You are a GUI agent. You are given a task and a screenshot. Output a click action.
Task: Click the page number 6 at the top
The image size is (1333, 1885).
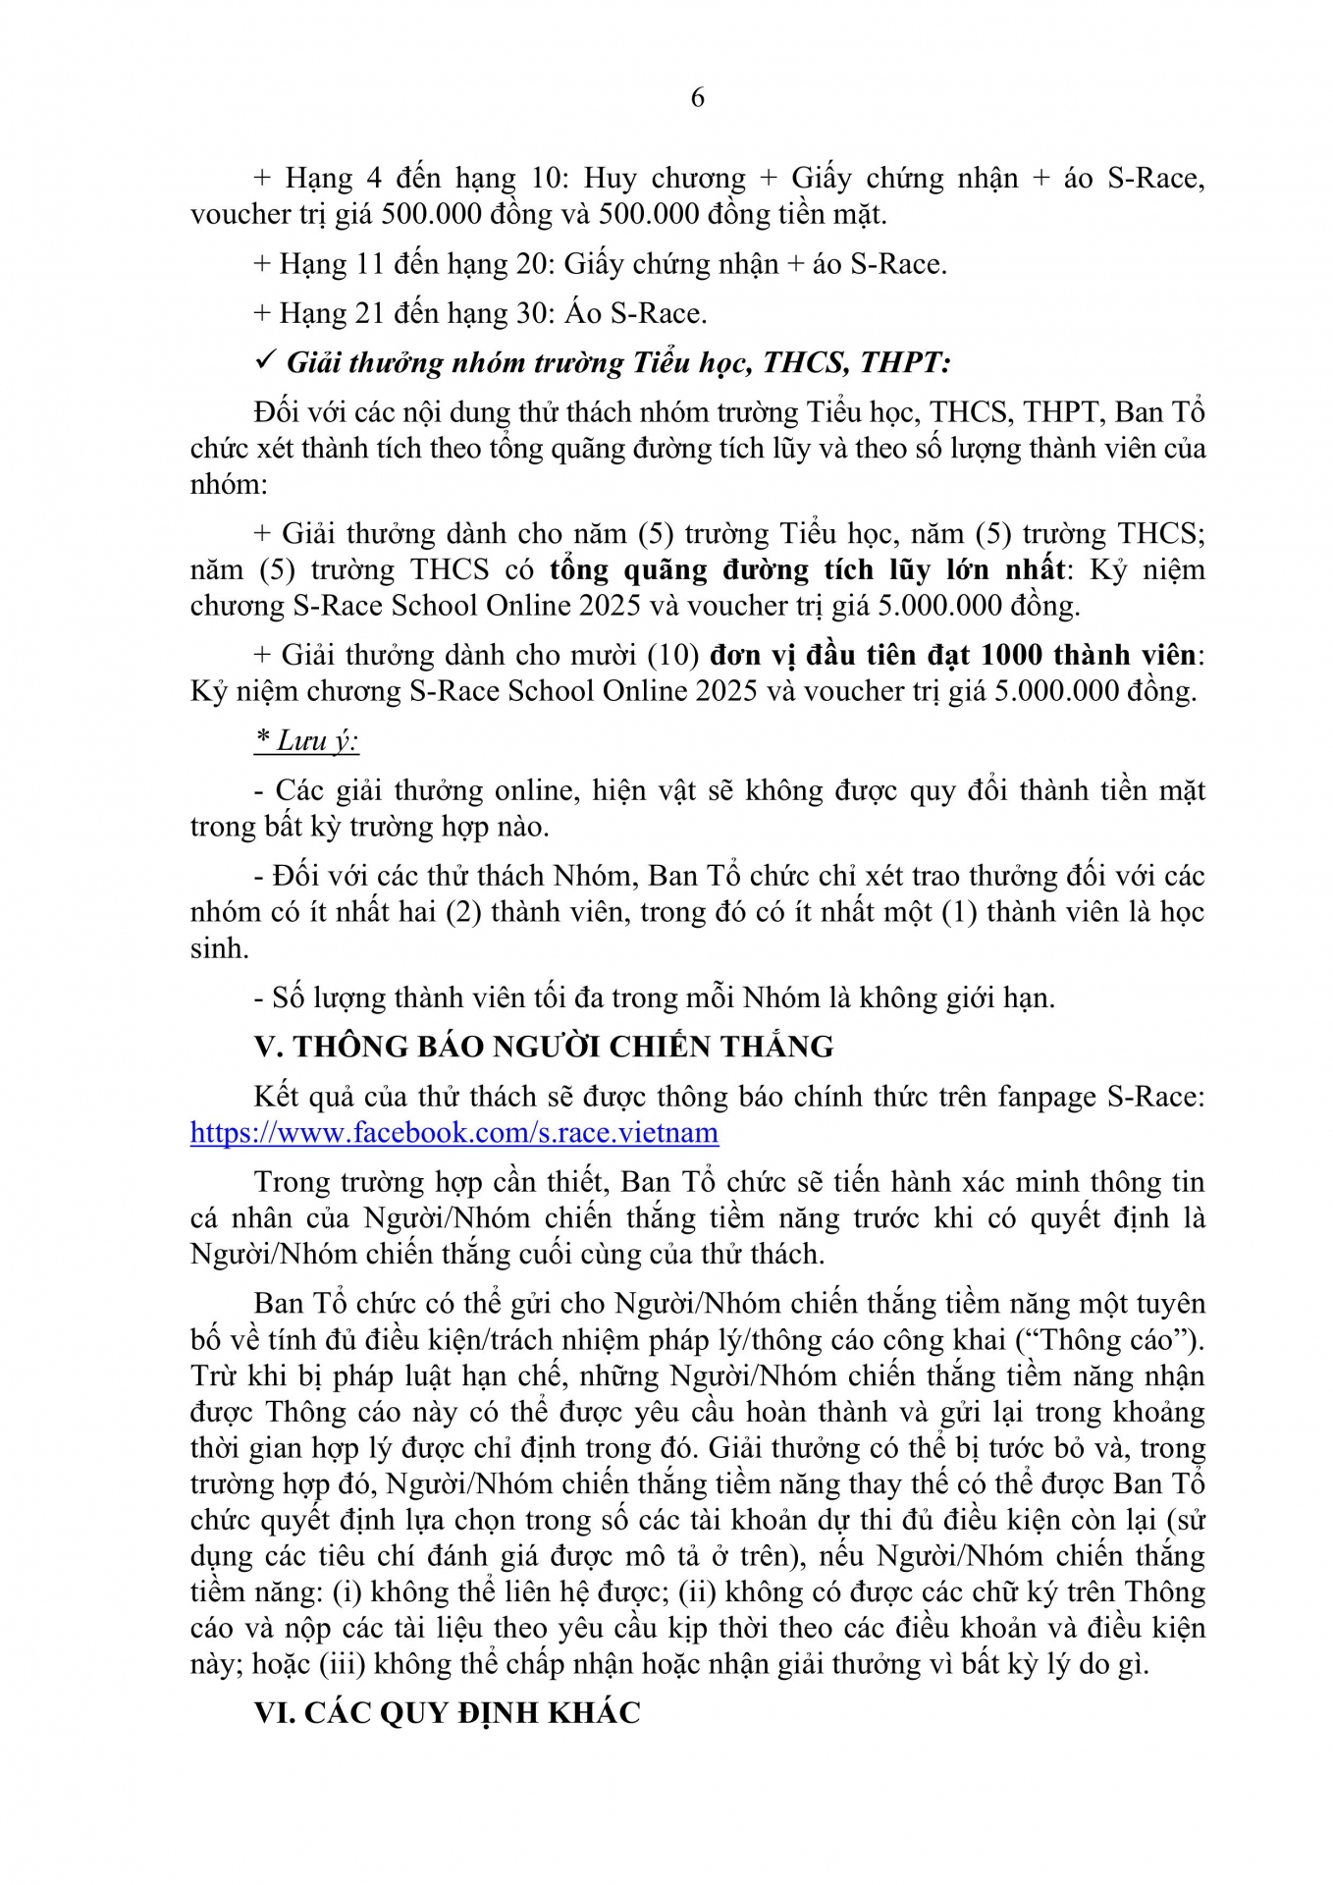697,97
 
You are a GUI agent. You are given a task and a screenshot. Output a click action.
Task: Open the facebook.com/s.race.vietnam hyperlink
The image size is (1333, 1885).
453,1132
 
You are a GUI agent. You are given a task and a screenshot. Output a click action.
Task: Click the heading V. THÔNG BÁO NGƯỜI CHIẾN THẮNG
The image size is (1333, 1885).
544,1046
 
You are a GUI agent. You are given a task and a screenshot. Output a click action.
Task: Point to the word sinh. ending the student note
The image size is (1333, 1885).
219,947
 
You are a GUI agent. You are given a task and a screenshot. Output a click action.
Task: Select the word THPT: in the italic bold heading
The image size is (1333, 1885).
905,362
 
